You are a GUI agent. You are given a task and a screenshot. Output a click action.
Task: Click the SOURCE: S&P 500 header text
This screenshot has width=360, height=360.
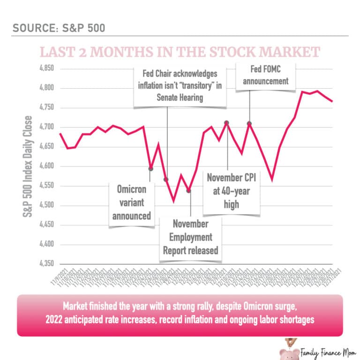coord(59,28)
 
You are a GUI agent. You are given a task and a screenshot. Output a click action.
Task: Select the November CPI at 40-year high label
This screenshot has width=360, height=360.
coord(232,191)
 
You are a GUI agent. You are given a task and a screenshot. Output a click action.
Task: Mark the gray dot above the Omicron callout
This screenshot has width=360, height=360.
coord(150,168)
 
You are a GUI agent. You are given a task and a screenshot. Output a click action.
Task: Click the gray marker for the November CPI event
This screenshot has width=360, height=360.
coord(226,123)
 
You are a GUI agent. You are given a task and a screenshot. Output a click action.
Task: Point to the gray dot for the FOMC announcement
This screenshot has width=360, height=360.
coord(249,124)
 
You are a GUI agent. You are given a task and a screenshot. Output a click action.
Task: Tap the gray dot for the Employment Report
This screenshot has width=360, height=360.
coord(189,191)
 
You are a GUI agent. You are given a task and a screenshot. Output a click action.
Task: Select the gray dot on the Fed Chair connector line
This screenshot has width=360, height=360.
coord(166,180)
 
